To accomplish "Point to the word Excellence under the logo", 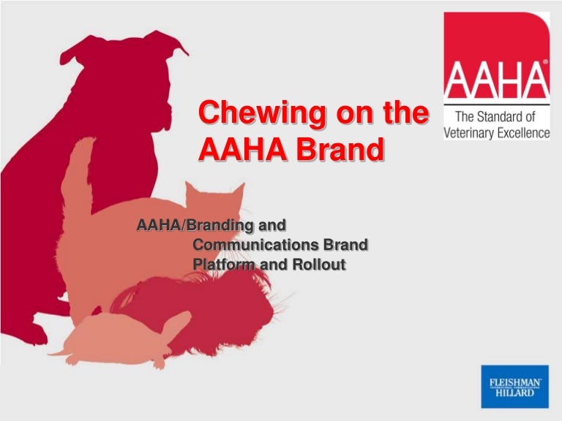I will click(x=521, y=132).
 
